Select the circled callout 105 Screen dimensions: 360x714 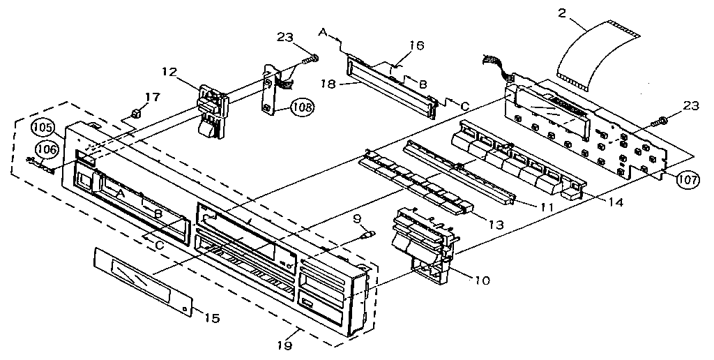[x=41, y=128]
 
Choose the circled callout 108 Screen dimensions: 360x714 [x=302, y=107]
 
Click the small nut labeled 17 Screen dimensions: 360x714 [x=137, y=112]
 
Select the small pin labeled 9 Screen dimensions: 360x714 [x=365, y=235]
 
